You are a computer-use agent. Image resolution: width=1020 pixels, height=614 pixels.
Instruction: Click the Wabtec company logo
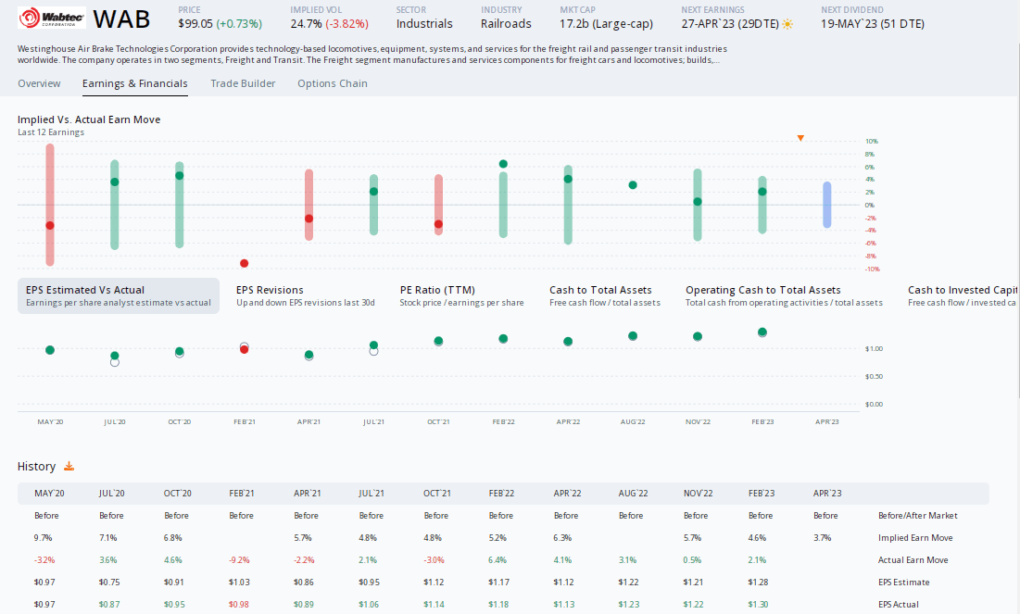point(51,19)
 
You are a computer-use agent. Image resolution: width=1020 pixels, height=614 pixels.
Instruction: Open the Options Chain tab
point(332,83)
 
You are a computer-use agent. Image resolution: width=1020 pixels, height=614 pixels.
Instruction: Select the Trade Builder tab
point(243,83)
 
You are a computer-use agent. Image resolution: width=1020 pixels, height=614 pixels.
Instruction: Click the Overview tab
point(39,83)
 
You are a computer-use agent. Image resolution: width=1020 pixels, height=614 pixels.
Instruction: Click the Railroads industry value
point(506,24)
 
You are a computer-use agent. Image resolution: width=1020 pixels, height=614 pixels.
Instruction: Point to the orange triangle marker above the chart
point(800,138)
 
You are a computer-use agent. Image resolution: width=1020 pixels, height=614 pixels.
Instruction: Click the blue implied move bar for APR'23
point(826,205)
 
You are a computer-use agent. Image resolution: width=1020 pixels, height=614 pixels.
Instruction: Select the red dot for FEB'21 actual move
point(244,263)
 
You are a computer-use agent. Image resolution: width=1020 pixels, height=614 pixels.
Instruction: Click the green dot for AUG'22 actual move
point(633,185)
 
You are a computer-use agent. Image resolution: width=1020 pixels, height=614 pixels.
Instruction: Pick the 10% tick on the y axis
point(871,142)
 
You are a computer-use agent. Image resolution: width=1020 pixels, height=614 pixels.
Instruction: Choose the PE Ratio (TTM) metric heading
point(437,290)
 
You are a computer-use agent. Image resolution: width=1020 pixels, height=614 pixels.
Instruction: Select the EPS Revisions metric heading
point(270,290)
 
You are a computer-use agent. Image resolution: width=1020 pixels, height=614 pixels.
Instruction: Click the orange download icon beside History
point(69,467)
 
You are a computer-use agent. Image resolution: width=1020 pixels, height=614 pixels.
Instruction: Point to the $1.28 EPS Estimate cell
point(760,583)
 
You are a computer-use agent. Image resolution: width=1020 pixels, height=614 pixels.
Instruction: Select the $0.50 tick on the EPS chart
point(873,377)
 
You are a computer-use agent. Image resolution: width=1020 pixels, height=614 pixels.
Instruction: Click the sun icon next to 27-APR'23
point(787,24)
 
